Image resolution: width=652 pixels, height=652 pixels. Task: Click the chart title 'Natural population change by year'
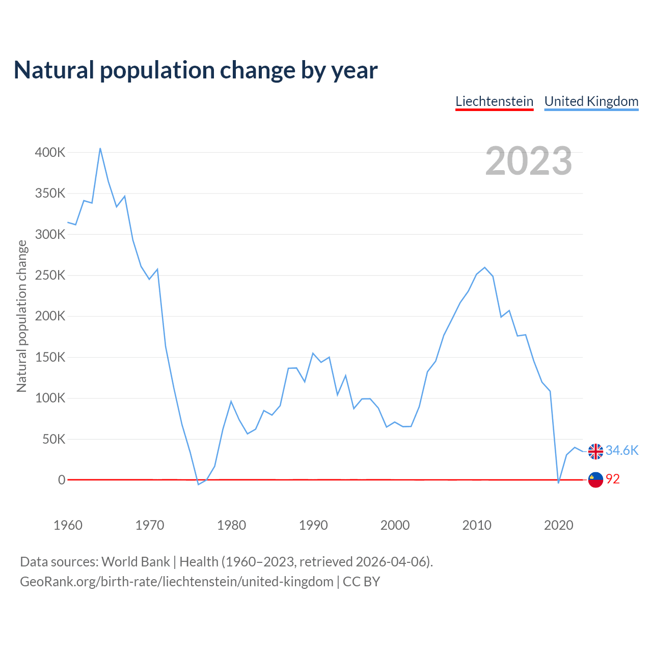pyautogui.click(x=196, y=70)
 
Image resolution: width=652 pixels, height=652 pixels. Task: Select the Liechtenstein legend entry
pyautogui.click(x=494, y=101)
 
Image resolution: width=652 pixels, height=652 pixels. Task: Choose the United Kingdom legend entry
pyautogui.click(x=591, y=101)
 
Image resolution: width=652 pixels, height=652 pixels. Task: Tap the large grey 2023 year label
pyautogui.click(x=528, y=161)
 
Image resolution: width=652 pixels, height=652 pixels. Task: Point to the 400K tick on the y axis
pyautogui.click(x=50, y=152)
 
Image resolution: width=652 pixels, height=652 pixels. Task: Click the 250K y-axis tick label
pyautogui.click(x=50, y=276)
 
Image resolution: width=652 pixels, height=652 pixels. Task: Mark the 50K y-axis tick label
pyautogui.click(x=54, y=439)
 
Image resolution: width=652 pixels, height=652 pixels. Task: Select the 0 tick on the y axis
pyautogui.click(x=62, y=480)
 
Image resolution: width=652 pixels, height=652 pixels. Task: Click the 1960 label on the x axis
pyautogui.click(x=68, y=525)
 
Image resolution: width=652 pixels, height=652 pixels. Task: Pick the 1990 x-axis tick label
pyautogui.click(x=313, y=525)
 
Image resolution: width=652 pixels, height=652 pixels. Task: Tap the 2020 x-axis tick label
pyautogui.click(x=559, y=525)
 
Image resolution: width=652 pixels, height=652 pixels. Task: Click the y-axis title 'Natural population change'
pyautogui.click(x=21, y=316)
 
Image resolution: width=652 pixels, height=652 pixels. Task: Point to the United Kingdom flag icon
pyautogui.click(x=595, y=451)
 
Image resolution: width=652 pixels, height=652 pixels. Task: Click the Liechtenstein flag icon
pyautogui.click(x=595, y=480)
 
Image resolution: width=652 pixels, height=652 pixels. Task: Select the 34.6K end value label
pyautogui.click(x=621, y=451)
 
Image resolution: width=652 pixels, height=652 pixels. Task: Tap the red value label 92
pyautogui.click(x=613, y=479)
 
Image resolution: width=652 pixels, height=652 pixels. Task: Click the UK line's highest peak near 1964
pyautogui.click(x=100, y=148)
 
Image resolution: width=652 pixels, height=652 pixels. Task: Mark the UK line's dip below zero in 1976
pyautogui.click(x=198, y=484)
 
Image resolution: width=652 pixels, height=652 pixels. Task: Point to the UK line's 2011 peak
pyautogui.click(x=484, y=267)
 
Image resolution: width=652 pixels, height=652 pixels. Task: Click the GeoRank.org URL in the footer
pyautogui.click(x=176, y=582)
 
